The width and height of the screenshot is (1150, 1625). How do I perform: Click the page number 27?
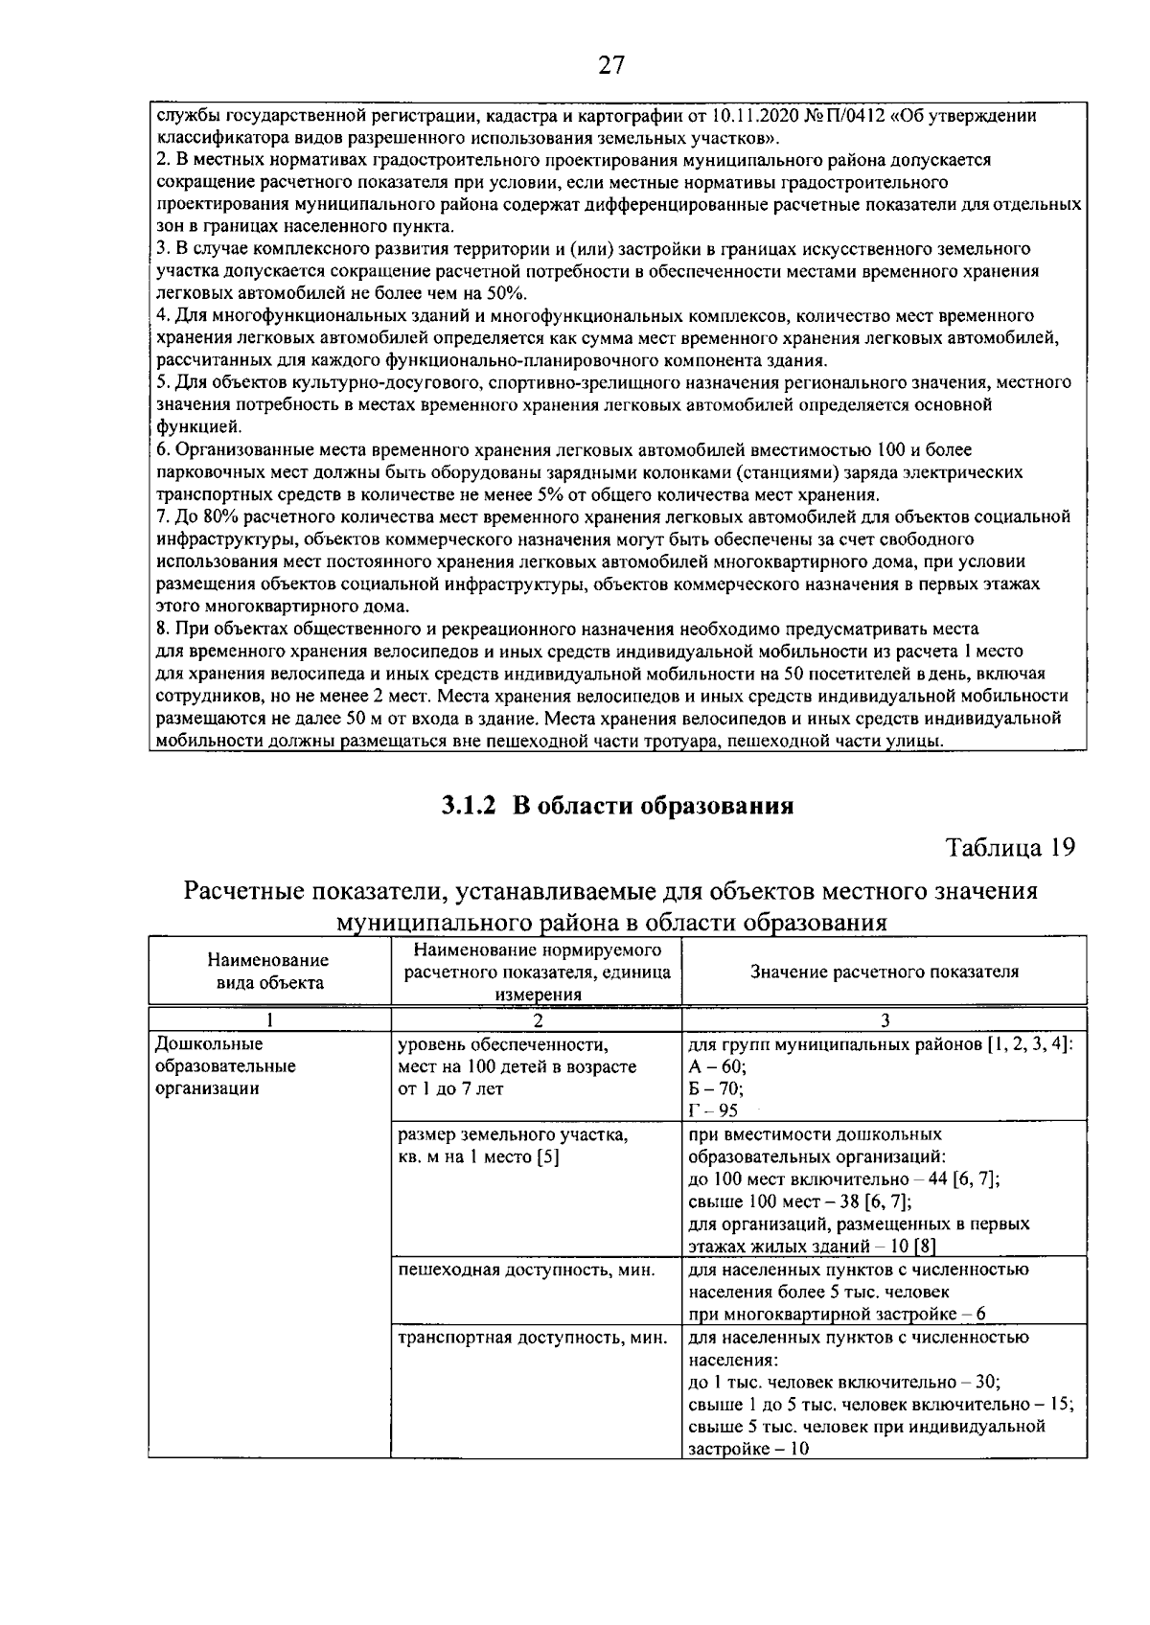pyautogui.click(x=611, y=64)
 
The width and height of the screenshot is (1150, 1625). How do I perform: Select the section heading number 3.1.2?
pyautogui.click(x=469, y=805)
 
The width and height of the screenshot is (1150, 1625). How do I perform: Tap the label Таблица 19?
pyautogui.click(x=1010, y=847)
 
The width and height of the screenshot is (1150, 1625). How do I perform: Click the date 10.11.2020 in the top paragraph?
pyautogui.click(x=754, y=117)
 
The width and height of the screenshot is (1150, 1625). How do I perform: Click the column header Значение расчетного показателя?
pyautogui.click(x=884, y=972)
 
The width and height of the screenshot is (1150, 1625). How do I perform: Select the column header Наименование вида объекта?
pyautogui.click(x=268, y=971)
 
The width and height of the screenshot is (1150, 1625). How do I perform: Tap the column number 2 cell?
pyautogui.click(x=538, y=1019)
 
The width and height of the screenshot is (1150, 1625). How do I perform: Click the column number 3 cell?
pyautogui.click(x=884, y=1019)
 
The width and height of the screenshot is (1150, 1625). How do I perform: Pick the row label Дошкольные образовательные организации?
pyautogui.click(x=225, y=1065)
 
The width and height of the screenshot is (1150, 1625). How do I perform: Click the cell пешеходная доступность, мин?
pyautogui.click(x=526, y=1270)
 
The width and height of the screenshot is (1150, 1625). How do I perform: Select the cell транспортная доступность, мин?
pyautogui.click(x=532, y=1338)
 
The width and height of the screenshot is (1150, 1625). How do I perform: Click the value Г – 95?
pyautogui.click(x=713, y=1110)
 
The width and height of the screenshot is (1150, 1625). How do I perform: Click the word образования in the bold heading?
pyautogui.click(x=715, y=805)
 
